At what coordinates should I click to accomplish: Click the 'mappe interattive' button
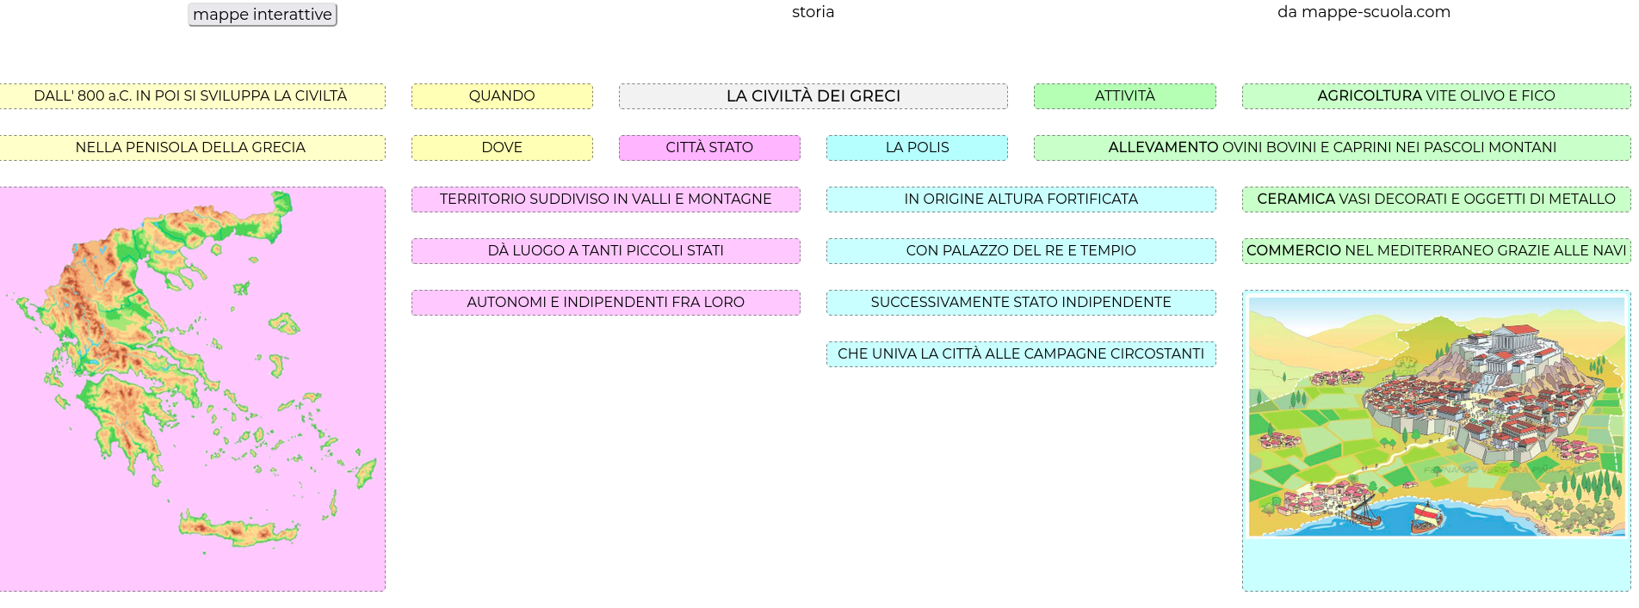[263, 15]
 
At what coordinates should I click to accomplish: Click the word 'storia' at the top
[813, 12]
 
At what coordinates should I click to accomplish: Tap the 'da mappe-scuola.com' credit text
[1364, 12]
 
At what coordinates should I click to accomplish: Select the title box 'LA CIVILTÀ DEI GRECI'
[813, 96]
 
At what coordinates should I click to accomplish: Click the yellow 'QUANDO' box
[502, 96]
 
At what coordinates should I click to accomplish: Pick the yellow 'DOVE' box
[502, 148]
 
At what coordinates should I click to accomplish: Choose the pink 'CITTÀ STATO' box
[709, 148]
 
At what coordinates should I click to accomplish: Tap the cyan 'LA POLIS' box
[917, 148]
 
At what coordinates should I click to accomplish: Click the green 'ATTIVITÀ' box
[1125, 96]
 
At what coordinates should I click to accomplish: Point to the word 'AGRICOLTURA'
[1370, 96]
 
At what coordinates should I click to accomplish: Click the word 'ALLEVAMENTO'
[1163, 148]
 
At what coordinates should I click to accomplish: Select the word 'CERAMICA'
[1296, 200]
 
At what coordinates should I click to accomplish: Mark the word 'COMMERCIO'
[1294, 251]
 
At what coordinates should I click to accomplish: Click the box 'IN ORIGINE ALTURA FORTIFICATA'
[1021, 200]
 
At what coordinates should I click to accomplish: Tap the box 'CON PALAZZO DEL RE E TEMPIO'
[1021, 251]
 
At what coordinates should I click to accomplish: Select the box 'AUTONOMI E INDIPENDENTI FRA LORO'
[606, 303]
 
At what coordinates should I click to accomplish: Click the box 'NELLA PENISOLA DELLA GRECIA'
[190, 148]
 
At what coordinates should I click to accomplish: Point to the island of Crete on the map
[241, 527]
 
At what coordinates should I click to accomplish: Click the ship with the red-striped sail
[1426, 516]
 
